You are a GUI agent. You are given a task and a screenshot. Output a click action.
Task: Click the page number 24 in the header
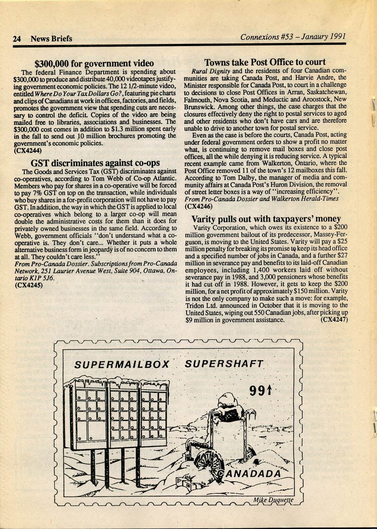pos(17,39)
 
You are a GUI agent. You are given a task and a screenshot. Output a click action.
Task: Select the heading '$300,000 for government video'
pos(94,63)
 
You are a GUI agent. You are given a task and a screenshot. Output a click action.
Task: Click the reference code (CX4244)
pos(28,150)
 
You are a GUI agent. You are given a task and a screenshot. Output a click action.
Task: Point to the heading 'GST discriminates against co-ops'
pos(95,163)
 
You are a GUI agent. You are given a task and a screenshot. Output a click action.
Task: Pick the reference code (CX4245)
pos(29,285)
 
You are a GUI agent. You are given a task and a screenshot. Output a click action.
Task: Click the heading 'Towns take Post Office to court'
pos(265,62)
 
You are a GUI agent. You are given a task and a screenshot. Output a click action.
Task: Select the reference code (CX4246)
pos(199,206)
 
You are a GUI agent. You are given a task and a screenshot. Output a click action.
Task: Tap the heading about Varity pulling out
pos(266,219)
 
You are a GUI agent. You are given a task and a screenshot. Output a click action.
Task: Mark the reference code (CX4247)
pos(334,320)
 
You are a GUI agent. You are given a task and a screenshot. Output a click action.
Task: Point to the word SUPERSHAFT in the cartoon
pos(224,363)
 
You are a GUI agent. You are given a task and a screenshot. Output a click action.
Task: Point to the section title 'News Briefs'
pos(51,39)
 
